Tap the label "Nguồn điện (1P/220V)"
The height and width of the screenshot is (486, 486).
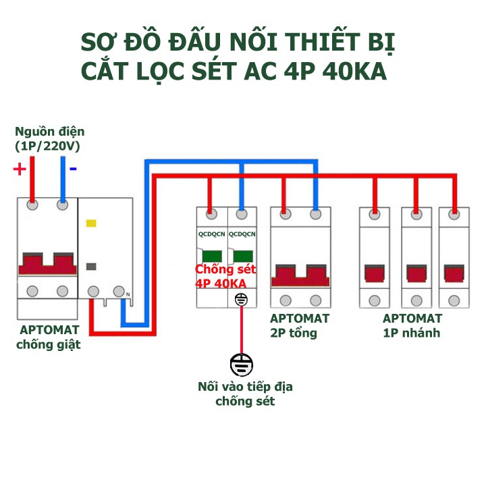point(49,138)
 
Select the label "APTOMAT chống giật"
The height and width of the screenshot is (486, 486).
point(49,337)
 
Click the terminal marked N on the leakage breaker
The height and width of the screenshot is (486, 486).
point(120,292)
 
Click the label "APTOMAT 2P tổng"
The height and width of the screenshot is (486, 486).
point(299,325)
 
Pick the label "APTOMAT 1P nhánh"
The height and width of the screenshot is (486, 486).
point(412,325)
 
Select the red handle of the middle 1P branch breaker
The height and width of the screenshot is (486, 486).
point(416,273)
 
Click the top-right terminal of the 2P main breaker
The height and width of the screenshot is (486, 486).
point(315,215)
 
